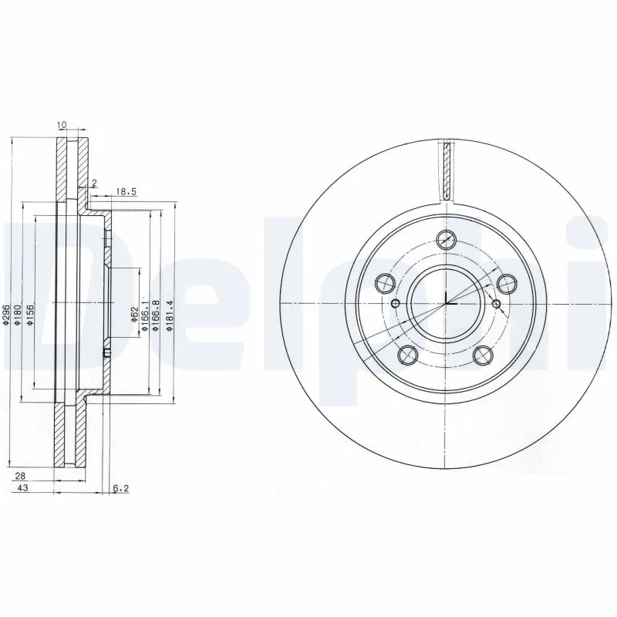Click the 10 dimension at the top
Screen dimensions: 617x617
click(x=62, y=124)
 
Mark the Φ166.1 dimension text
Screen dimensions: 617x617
click(x=144, y=317)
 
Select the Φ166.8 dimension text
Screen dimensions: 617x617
click(x=156, y=317)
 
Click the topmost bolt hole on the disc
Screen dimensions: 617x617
click(x=446, y=239)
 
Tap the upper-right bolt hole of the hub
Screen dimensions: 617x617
click(x=507, y=283)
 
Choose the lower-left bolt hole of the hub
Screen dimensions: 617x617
click(x=409, y=354)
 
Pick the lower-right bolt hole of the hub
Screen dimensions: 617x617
click(x=484, y=354)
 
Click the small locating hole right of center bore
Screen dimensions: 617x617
click(x=496, y=303)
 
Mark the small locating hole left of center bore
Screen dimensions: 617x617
click(x=396, y=303)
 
